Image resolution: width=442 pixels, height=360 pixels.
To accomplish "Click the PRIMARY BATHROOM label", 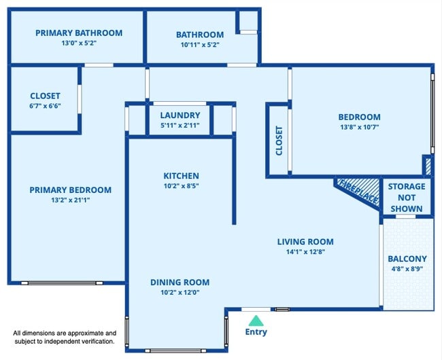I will pyautogui.click(x=79, y=33).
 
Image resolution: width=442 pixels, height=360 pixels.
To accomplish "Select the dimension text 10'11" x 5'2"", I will pyautogui.click(x=199, y=45).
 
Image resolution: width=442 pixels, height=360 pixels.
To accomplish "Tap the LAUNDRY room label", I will pyautogui.click(x=180, y=115).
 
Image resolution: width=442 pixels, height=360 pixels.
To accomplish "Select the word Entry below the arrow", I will pyautogui.click(x=256, y=332).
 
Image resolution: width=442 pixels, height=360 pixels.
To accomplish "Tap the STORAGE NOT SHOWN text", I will pyautogui.click(x=407, y=197).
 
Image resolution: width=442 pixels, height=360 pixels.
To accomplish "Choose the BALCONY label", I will pyautogui.click(x=407, y=259).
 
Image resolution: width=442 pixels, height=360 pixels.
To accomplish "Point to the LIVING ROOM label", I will pyautogui.click(x=305, y=241).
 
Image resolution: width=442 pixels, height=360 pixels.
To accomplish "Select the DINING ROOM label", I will pyautogui.click(x=180, y=282).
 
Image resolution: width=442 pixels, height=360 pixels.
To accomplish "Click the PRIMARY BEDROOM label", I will pyautogui.click(x=70, y=190).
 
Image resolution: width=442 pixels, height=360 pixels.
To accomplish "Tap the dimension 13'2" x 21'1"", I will pyautogui.click(x=70, y=200).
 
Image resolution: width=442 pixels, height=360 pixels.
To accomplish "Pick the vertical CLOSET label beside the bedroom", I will pyautogui.click(x=279, y=141).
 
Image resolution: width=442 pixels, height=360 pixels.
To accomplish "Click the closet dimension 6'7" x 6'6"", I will pyautogui.click(x=45, y=106).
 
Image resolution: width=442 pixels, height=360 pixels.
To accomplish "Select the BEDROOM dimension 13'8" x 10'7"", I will pyautogui.click(x=360, y=126).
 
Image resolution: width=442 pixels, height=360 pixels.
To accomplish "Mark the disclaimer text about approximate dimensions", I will pyautogui.click(x=65, y=337).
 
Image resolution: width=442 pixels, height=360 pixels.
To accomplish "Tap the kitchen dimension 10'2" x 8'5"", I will pyautogui.click(x=181, y=185).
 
